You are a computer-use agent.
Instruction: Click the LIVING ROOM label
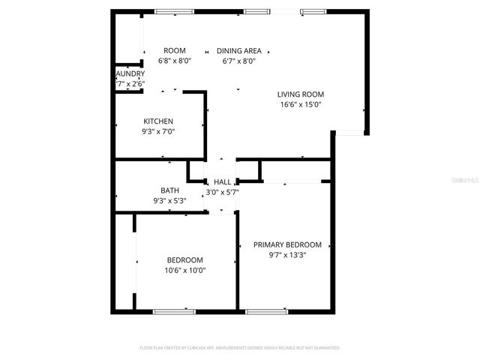pos(300,94)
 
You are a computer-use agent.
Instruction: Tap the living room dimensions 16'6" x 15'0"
pos(300,105)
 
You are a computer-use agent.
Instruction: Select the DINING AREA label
pos(238,50)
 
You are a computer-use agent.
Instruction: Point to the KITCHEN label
pos(158,121)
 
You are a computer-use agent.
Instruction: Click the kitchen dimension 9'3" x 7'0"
pos(158,131)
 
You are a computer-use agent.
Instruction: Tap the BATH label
pos(169,190)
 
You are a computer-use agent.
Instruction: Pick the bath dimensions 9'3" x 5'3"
pos(169,201)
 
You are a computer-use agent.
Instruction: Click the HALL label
pos(223,182)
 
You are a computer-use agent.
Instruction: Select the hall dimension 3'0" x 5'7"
pos(223,192)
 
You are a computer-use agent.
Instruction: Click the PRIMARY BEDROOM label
pos(287,244)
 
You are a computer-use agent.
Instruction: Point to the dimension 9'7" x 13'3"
pos(287,255)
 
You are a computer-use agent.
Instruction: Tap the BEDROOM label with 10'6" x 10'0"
pos(185,260)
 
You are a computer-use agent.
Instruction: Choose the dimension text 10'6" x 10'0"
pos(185,271)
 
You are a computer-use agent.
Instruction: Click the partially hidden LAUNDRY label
pos(130,73)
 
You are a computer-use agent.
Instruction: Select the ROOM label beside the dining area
pos(175,50)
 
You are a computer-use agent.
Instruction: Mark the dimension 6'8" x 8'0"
pos(175,61)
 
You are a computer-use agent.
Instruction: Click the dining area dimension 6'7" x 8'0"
pos(238,61)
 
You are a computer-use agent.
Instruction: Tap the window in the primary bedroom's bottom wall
pos(266,310)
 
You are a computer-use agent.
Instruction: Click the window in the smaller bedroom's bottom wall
pos(174,310)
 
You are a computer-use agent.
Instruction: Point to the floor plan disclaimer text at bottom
pos(240,348)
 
